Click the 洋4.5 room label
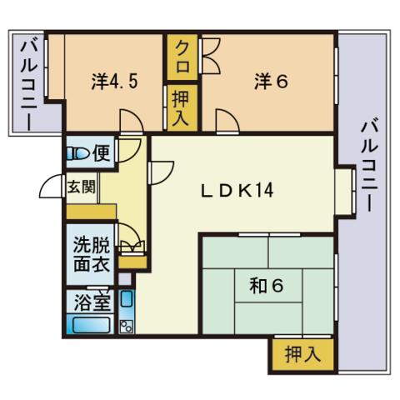click(114, 81)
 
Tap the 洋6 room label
click(271, 81)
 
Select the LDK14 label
click(237, 191)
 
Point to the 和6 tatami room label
click(267, 285)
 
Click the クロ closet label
click(182, 57)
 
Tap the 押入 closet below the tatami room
click(303, 354)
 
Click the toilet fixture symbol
click(77, 153)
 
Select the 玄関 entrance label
click(82, 187)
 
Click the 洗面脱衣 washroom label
click(92, 254)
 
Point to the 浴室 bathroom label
click(92, 302)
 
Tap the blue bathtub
click(91, 324)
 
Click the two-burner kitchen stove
click(127, 327)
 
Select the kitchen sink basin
click(127, 298)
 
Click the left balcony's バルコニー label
click(29, 85)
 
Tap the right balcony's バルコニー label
click(369, 165)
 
